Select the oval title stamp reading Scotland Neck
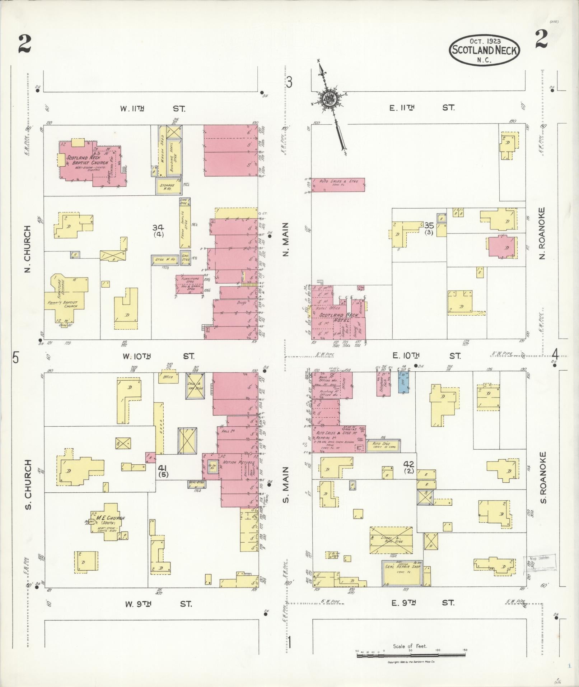[x=485, y=50]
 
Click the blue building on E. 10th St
[x=404, y=382]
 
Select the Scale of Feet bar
[x=411, y=656]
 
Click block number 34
[x=158, y=227]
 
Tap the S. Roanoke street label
[x=543, y=478]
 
